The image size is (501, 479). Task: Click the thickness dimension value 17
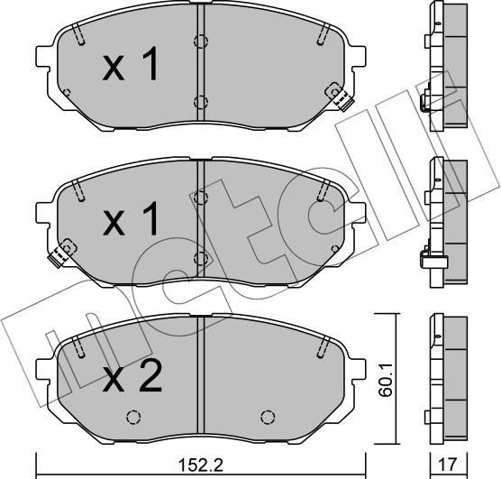446,467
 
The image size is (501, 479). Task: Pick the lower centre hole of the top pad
200,101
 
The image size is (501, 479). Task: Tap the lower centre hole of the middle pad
200,257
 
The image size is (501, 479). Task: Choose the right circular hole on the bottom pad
266,418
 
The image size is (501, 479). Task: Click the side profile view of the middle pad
444,221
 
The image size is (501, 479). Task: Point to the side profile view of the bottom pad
445,376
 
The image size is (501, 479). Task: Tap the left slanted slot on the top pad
79,37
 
